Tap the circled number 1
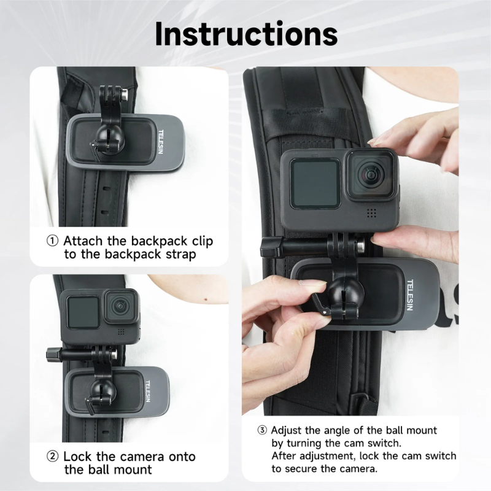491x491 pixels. [x=53, y=241]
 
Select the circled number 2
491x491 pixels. [x=53, y=457]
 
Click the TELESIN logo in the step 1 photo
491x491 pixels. [x=160, y=143]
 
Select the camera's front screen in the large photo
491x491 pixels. [x=315, y=183]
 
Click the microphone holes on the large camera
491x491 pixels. [x=371, y=213]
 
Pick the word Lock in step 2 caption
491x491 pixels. [x=78, y=456]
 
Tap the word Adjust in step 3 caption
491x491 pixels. [x=286, y=430]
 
